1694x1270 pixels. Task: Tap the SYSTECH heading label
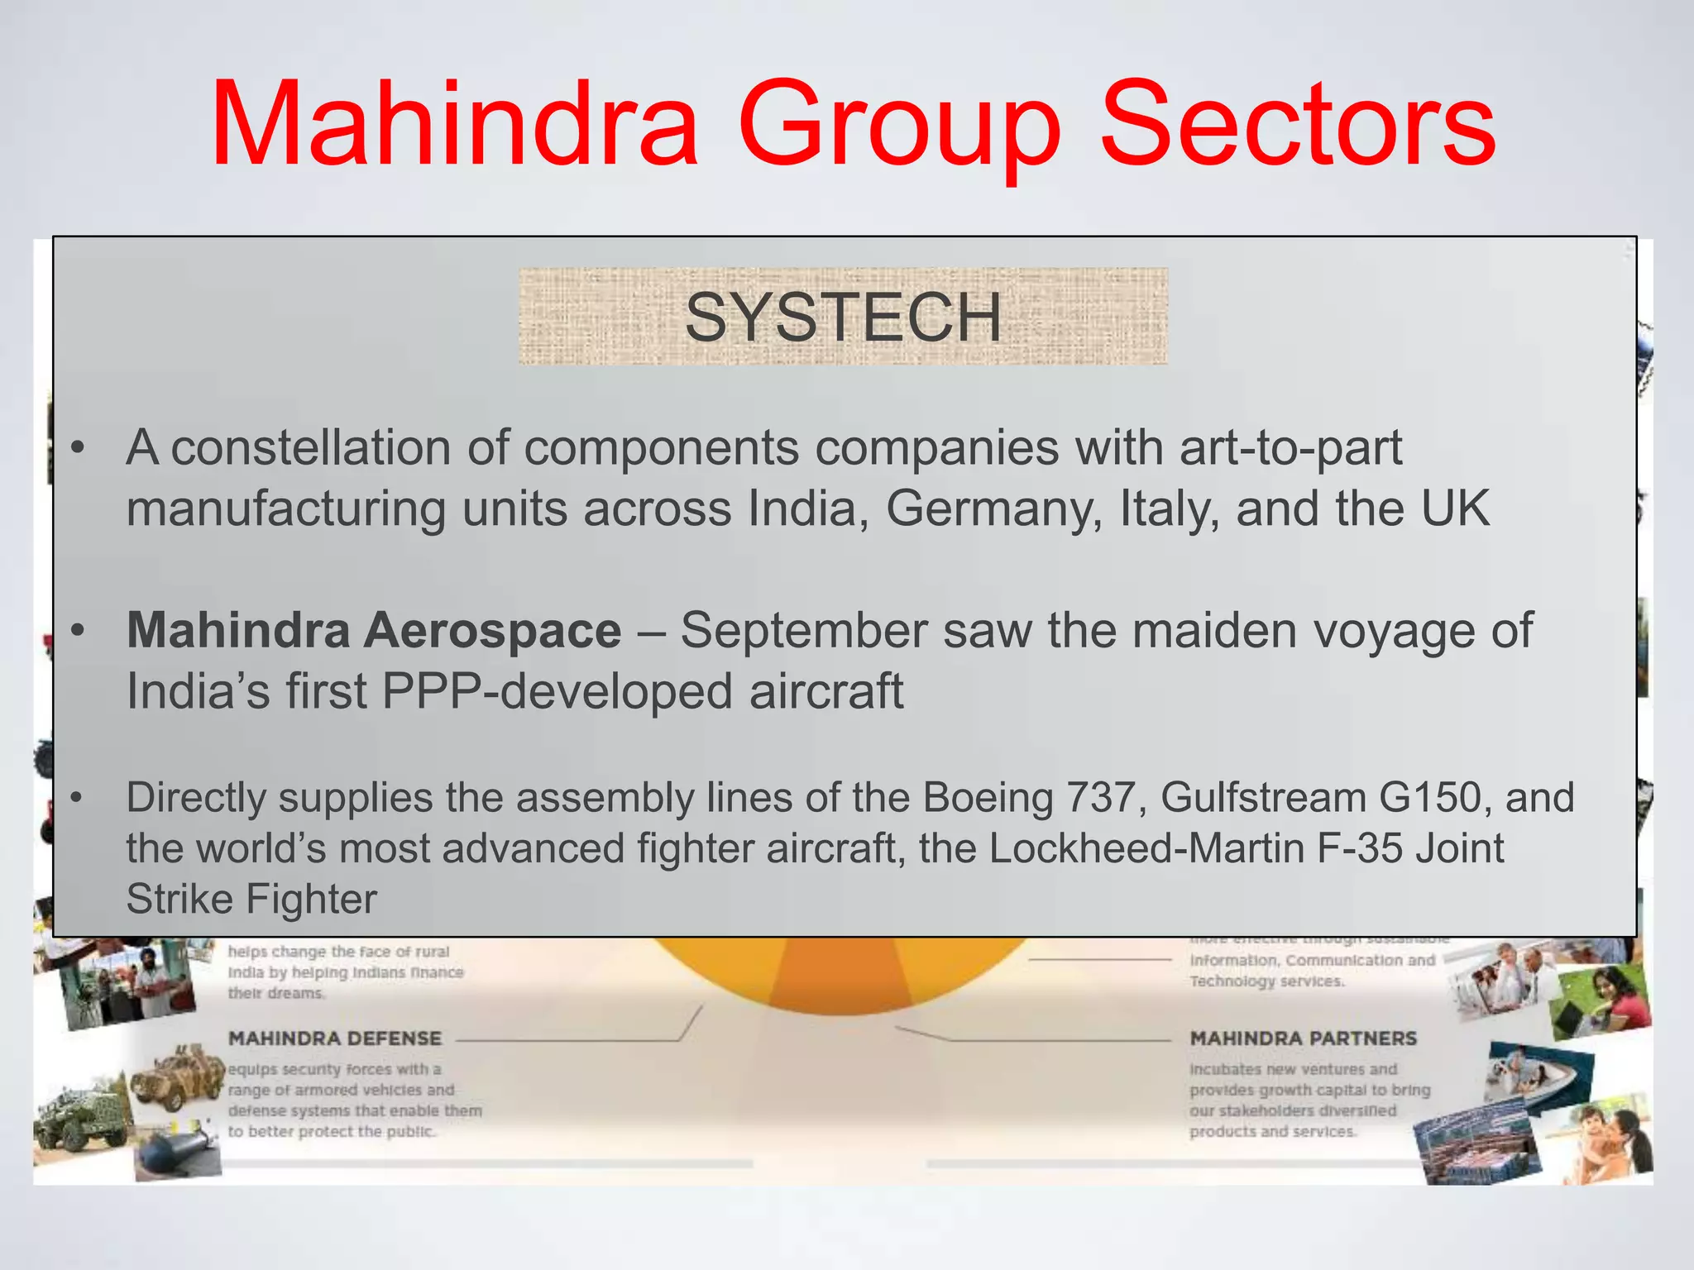(843, 317)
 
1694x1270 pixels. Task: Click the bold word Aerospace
(493, 631)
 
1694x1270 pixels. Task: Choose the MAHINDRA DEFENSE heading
(335, 1038)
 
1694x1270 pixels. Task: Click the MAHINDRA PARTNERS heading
(1303, 1038)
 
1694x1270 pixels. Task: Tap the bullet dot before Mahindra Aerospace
(78, 632)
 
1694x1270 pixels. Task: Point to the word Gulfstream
(1262, 798)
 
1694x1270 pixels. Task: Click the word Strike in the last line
(179, 899)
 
